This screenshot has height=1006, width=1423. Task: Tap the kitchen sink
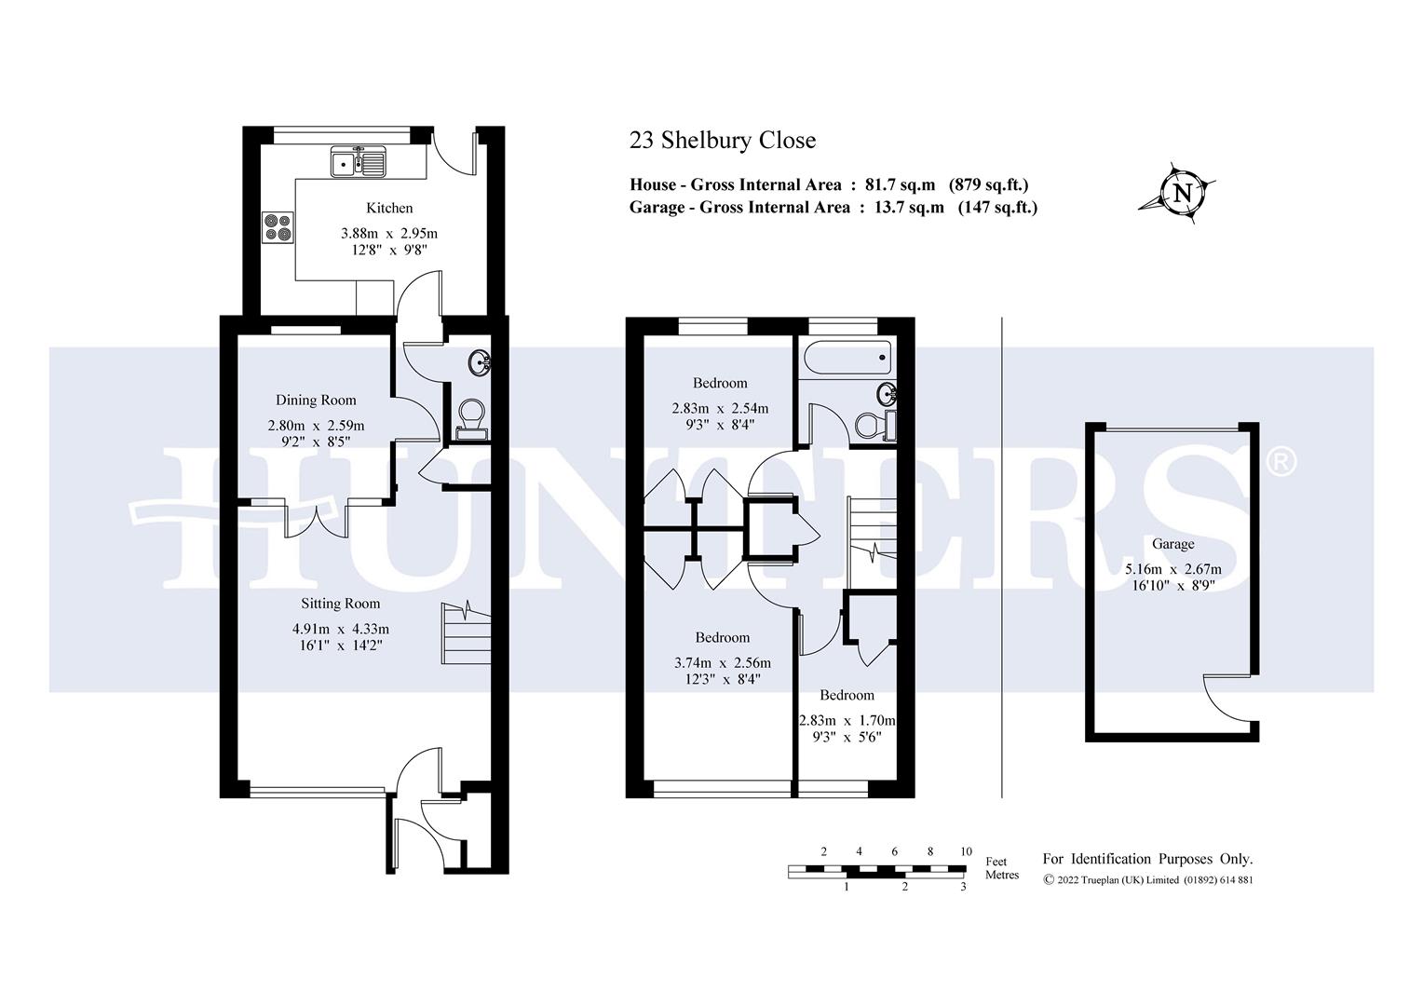pyautogui.click(x=358, y=162)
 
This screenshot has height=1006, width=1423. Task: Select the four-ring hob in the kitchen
pyautogui.click(x=278, y=227)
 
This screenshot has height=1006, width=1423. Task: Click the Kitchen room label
pyautogui.click(x=389, y=208)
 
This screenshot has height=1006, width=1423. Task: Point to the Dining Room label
pyautogui.click(x=316, y=401)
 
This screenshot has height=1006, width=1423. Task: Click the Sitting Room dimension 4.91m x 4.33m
pyautogui.click(x=340, y=629)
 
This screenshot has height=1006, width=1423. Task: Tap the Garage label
pyautogui.click(x=1172, y=544)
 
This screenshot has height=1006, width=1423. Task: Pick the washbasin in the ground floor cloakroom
pyautogui.click(x=481, y=362)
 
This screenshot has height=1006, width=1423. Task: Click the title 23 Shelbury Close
pyautogui.click(x=723, y=141)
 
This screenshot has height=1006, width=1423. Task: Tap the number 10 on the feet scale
pyautogui.click(x=966, y=851)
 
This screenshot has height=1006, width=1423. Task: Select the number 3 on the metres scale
pyautogui.click(x=963, y=887)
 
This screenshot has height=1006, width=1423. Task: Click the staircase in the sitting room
pyautogui.click(x=465, y=632)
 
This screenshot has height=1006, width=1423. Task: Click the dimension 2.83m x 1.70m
pyautogui.click(x=847, y=720)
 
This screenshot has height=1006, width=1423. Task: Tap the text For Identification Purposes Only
pyautogui.click(x=1147, y=859)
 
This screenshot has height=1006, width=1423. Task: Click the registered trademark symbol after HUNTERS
pyautogui.click(x=1282, y=462)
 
